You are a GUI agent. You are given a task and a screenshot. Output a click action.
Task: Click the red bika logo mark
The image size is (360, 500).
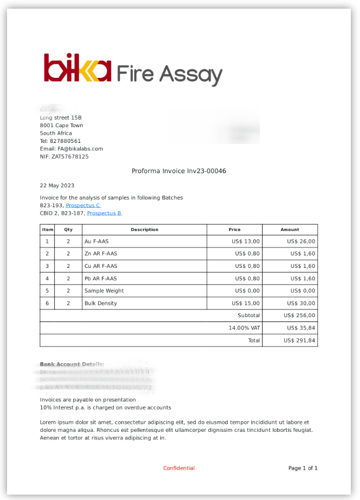77,68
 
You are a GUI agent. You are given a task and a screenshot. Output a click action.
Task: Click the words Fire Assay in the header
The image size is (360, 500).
169,74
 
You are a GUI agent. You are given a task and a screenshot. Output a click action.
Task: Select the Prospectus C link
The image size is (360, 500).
83,206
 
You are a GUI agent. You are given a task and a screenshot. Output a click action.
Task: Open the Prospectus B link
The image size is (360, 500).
104,213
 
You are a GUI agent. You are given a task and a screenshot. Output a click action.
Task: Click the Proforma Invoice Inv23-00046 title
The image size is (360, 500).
179,171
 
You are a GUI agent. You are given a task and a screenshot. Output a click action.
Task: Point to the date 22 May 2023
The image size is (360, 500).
57,186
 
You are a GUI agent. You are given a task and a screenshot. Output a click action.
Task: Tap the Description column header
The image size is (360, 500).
145,229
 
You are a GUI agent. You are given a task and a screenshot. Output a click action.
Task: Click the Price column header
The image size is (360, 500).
234,229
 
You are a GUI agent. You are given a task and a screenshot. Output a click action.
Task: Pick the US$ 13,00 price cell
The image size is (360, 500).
245,241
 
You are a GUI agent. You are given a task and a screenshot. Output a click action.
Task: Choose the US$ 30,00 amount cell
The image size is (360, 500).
301,304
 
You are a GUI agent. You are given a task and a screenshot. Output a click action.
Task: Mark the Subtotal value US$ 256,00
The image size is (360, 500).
299,315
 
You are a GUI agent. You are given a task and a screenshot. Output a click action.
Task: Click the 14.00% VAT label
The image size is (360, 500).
244,328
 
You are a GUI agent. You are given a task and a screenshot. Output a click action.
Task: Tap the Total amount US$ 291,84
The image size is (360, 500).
299,341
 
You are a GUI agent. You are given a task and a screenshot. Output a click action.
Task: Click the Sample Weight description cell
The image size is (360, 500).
104,291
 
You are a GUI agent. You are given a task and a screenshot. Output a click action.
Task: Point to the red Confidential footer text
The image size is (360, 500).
179,468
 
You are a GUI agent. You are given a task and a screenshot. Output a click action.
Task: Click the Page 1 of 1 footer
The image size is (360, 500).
303,468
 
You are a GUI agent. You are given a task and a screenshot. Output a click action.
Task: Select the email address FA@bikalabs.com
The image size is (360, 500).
80,149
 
